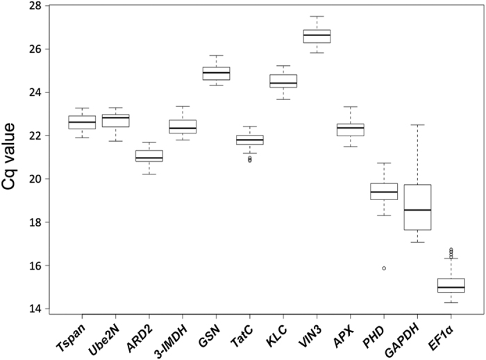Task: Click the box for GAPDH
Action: point(417,207)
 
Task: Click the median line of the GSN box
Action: point(216,72)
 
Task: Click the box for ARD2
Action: point(149,156)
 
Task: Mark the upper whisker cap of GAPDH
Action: point(417,125)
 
